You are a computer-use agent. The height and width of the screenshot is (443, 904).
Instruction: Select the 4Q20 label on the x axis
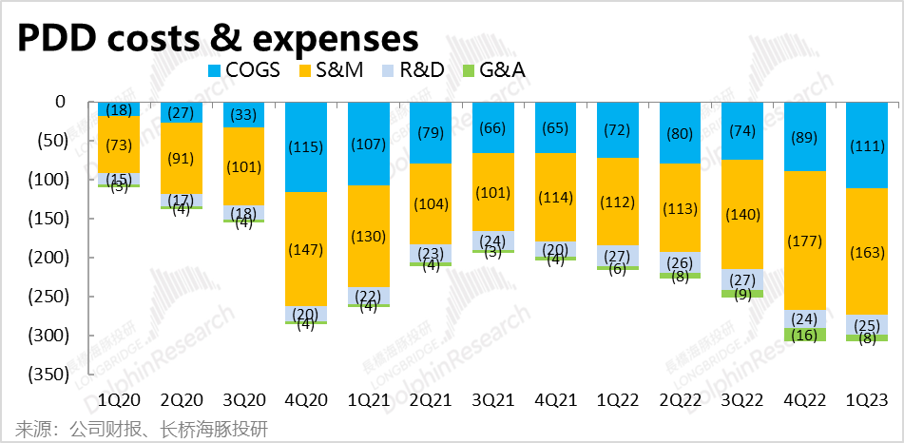(304, 401)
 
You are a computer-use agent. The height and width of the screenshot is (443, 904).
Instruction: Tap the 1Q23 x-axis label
(866, 401)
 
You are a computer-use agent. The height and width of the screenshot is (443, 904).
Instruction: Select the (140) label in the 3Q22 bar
(741, 216)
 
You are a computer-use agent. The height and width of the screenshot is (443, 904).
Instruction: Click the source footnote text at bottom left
(141, 429)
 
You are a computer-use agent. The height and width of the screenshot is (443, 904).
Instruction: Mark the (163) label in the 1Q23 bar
(866, 254)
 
